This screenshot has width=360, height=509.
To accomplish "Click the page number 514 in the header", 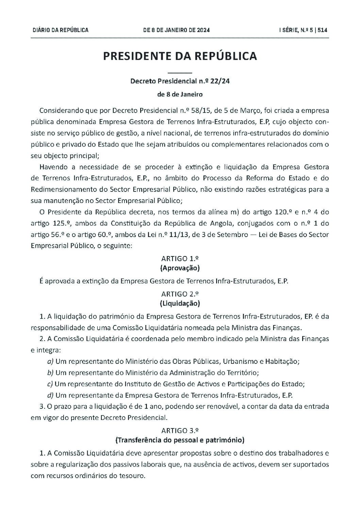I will click(322, 30).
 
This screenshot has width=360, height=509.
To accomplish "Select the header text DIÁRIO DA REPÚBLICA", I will click(61, 30).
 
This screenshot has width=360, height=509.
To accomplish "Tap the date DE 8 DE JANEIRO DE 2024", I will click(177, 30).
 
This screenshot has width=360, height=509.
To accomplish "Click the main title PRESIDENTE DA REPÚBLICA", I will click(180, 56).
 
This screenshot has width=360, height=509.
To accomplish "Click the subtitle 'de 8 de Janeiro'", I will click(180, 94).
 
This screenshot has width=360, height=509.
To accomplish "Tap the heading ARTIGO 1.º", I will click(180, 258).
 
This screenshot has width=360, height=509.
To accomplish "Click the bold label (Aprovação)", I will click(180, 268).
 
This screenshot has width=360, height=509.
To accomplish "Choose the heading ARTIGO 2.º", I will click(180, 294).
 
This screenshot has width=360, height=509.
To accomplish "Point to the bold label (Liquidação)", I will click(180, 303).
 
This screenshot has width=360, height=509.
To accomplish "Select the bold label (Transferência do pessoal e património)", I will click(180, 440).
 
